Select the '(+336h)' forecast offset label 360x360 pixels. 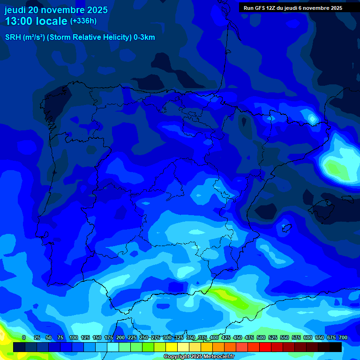[83, 21]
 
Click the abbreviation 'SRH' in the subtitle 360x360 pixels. [13, 37]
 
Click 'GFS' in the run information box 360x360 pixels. [262, 8]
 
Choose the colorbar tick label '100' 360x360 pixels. [73, 338]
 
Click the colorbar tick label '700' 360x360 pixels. [343, 338]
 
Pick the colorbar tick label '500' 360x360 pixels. [261, 338]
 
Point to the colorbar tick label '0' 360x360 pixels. [24, 338]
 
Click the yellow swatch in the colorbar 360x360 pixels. [172, 347]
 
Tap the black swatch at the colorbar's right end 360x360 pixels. [336, 347]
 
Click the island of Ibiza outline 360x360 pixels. [285, 228]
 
